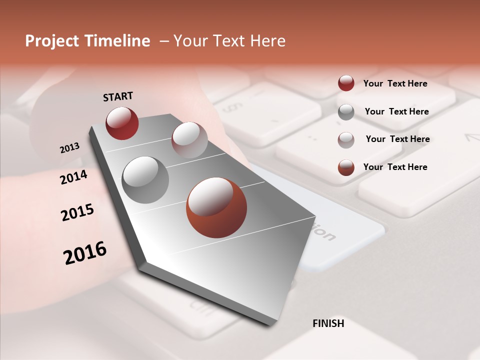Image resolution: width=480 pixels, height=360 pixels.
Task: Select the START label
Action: pyautogui.click(x=118, y=96)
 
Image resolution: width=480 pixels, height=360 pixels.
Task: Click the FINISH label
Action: pyautogui.click(x=328, y=323)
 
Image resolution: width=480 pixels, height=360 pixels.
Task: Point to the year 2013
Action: pyautogui.click(x=69, y=147)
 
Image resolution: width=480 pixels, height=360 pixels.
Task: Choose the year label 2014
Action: pyautogui.click(x=74, y=177)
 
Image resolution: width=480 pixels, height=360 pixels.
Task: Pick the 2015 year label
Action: pyautogui.click(x=77, y=212)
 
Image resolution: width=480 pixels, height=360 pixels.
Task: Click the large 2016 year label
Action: pyautogui.click(x=85, y=252)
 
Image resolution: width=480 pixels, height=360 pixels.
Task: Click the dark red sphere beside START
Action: pyautogui.click(x=122, y=123)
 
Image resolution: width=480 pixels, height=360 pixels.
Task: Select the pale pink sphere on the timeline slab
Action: pyautogui.click(x=189, y=140)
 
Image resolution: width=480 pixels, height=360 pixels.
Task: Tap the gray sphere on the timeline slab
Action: pyautogui.click(x=145, y=179)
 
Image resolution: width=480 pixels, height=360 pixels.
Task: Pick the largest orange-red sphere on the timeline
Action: pyautogui.click(x=216, y=207)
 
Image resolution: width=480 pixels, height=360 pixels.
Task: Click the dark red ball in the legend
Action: pyautogui.click(x=346, y=83)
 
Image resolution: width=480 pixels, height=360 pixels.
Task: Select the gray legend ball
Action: pyautogui.click(x=346, y=112)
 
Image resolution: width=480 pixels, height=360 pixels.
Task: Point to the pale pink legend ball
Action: pyautogui.click(x=346, y=140)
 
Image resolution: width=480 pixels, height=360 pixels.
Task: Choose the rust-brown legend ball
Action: pyautogui.click(x=346, y=167)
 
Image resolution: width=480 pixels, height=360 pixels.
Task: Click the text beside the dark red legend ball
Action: pyautogui.click(x=395, y=83)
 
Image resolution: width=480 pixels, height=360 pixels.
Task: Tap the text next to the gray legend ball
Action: pyautogui.click(x=396, y=111)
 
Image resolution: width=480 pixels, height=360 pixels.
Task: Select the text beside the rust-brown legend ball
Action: pyautogui.click(x=395, y=167)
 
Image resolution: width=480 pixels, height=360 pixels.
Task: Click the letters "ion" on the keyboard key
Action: pyautogui.click(x=323, y=231)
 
